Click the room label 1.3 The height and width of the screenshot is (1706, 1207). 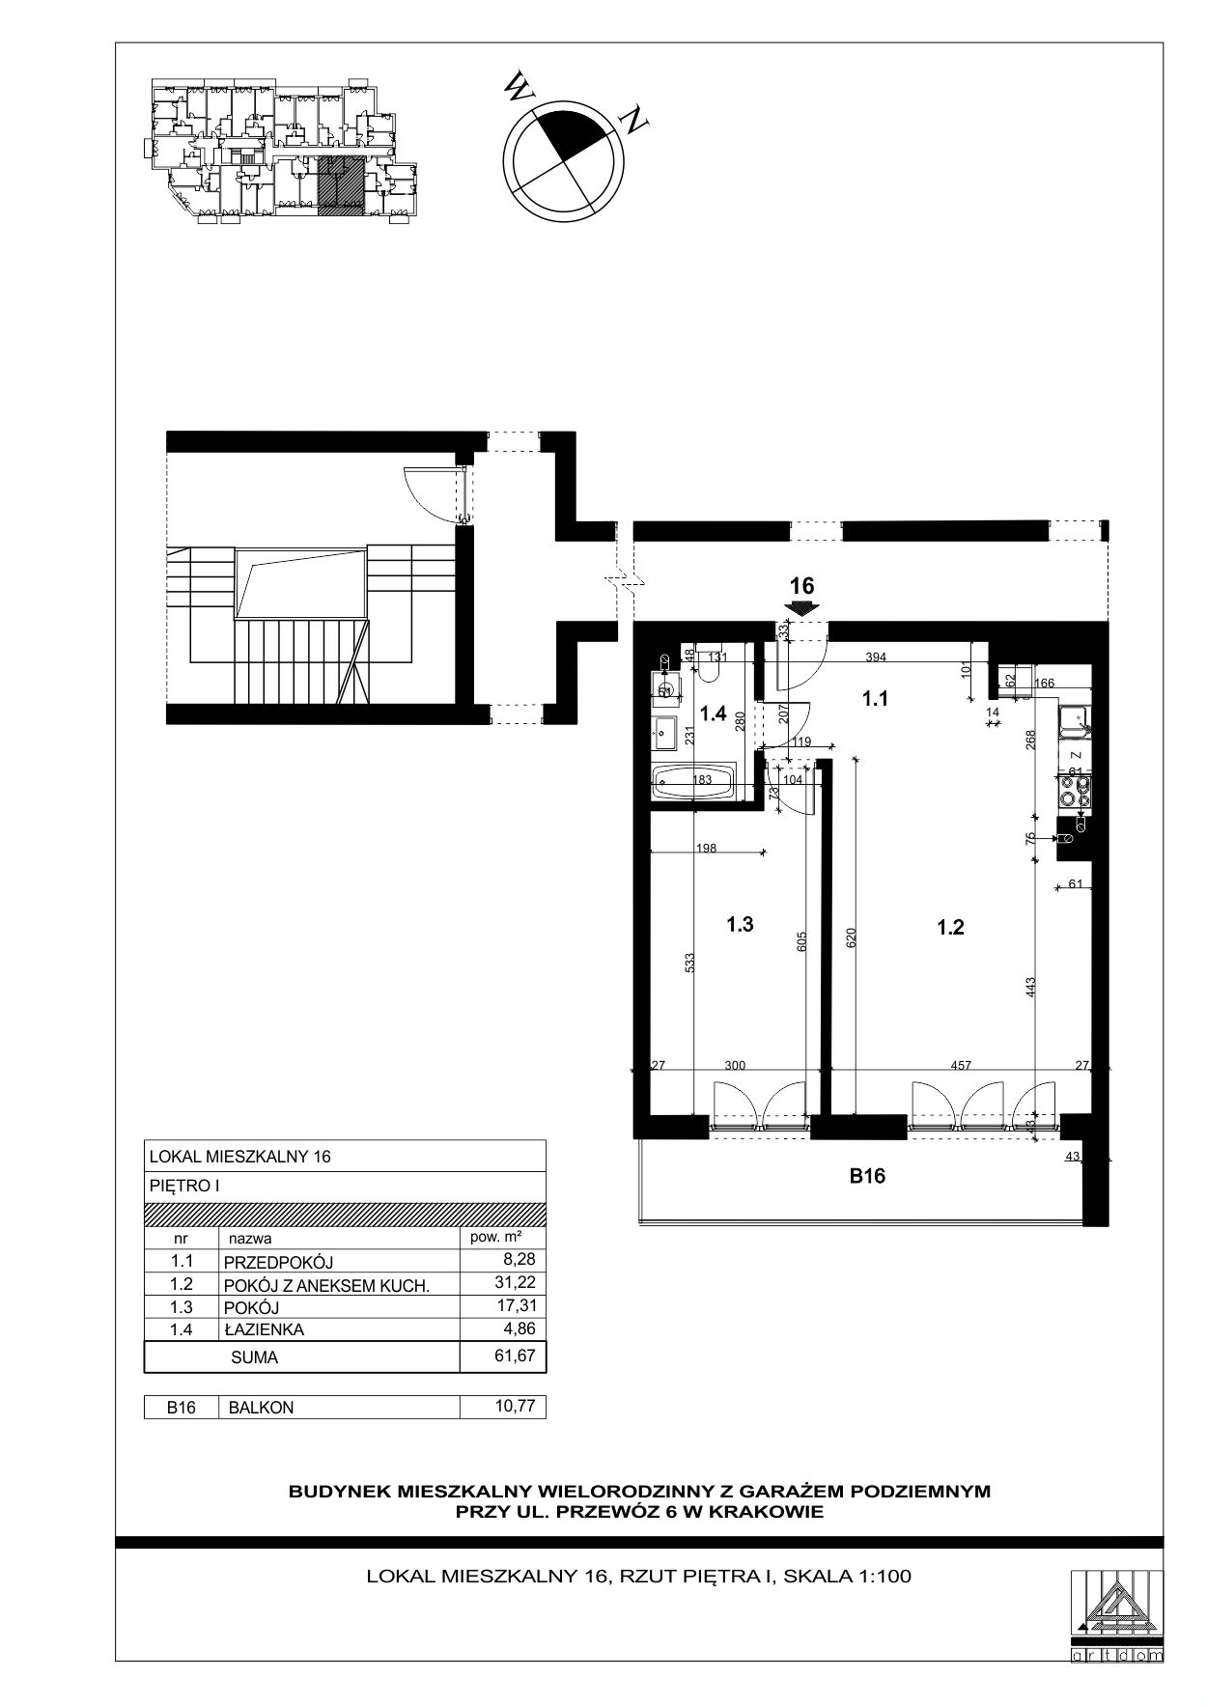tap(740, 924)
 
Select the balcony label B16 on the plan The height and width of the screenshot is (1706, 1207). tap(867, 1176)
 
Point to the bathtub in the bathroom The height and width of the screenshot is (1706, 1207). tap(695, 781)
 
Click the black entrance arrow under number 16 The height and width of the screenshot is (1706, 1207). tap(801, 607)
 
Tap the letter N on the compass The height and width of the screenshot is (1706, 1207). tap(634, 121)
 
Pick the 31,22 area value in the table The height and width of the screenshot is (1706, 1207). tap(514, 1282)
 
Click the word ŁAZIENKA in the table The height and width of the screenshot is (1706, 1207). tap(264, 1329)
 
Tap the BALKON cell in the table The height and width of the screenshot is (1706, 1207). tap(261, 1408)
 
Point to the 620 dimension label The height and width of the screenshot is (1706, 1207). tap(851, 937)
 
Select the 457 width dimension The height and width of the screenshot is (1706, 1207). tap(961, 1065)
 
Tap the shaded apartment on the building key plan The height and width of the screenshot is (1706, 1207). tap(341, 182)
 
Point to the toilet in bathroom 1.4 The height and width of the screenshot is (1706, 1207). tap(716, 661)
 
